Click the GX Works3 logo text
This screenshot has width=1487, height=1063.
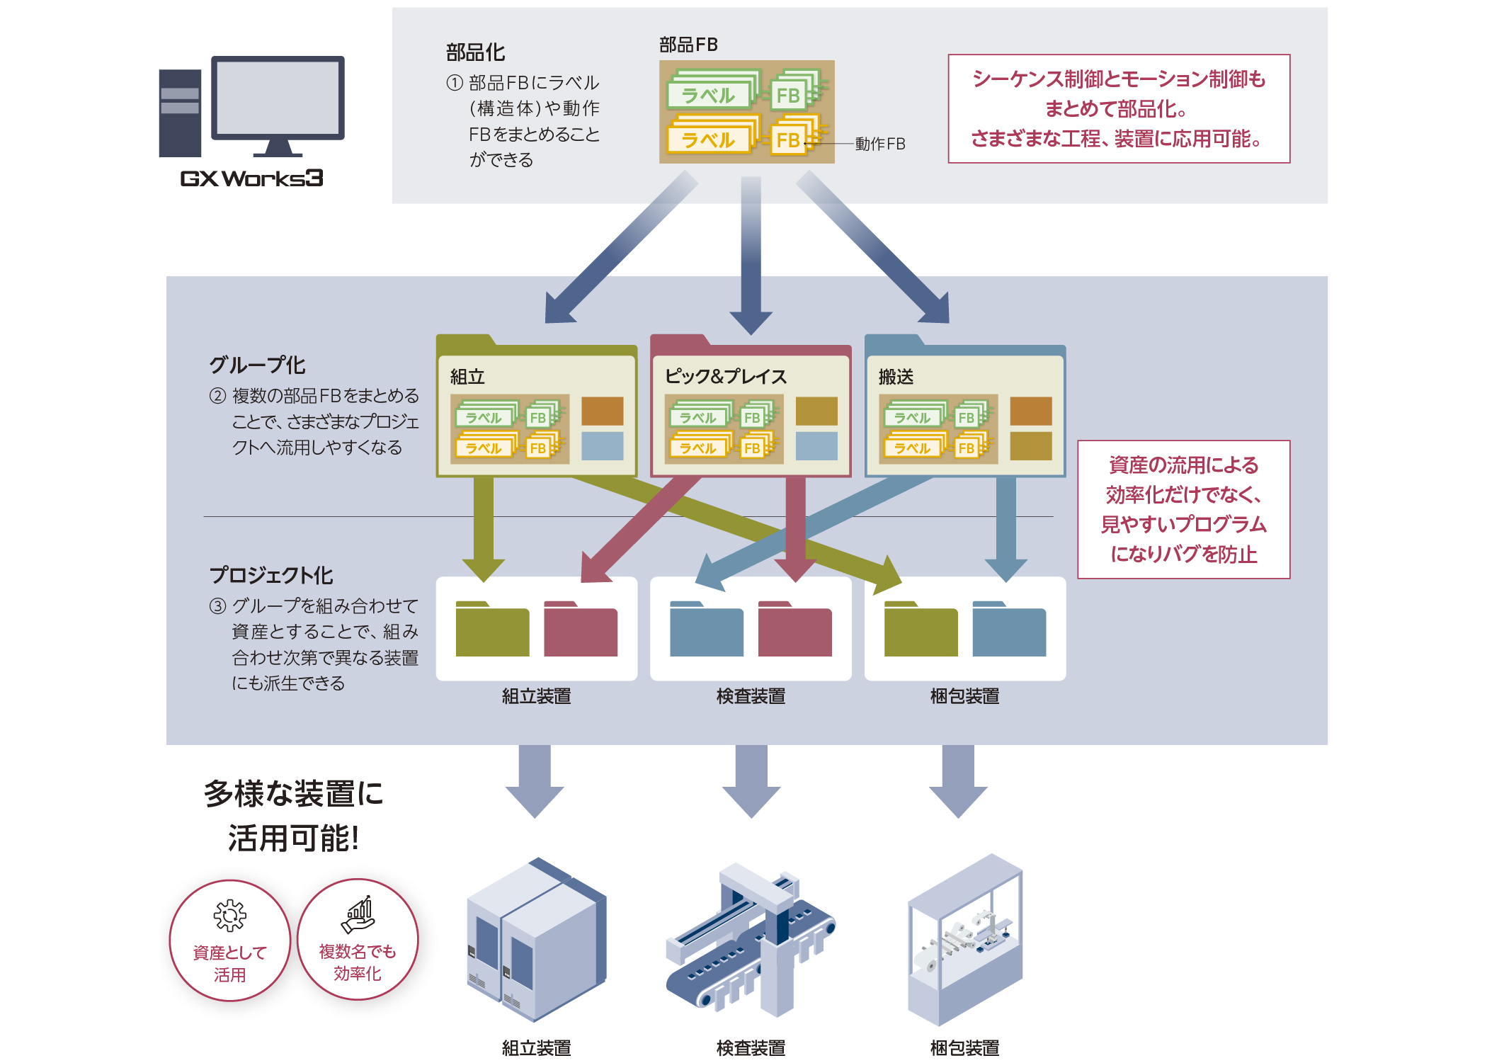tap(251, 178)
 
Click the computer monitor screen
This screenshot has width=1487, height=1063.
tap(278, 97)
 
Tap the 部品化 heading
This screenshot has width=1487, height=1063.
tap(475, 52)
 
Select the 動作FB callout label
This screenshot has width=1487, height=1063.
tap(880, 144)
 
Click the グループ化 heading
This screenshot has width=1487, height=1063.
tap(257, 365)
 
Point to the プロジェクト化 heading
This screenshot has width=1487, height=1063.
tap(271, 575)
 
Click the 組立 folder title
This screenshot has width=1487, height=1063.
tap(467, 377)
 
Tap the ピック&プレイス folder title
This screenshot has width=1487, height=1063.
tap(726, 377)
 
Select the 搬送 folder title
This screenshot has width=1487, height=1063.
tap(896, 377)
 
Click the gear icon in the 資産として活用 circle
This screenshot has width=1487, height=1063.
tap(230, 916)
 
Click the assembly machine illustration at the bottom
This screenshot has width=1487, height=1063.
tap(536, 939)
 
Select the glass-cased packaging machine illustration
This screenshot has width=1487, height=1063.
tap(965, 939)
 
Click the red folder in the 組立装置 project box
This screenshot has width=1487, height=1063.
tap(581, 630)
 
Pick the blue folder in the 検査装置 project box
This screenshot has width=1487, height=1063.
tap(707, 630)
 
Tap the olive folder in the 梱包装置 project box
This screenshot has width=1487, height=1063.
tap(921, 630)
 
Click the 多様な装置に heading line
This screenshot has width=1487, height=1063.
tap(293, 793)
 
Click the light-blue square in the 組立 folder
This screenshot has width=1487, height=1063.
tap(603, 446)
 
